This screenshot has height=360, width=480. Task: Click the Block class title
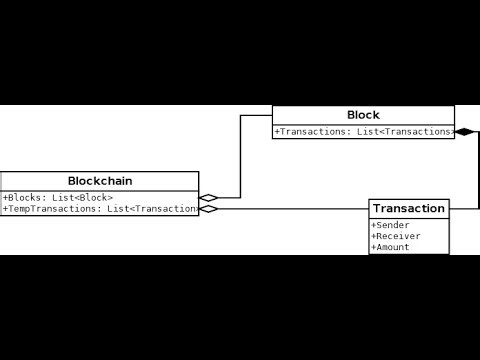click(363, 115)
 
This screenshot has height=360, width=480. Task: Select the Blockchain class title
click(100, 181)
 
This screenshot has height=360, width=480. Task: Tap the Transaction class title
click(409, 208)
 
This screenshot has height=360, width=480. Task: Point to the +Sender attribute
click(391, 225)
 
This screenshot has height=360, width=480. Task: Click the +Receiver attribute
click(396, 236)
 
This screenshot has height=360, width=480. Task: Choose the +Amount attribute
click(391, 247)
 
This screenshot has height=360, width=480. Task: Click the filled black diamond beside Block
click(464, 131)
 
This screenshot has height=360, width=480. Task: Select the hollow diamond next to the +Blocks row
click(208, 198)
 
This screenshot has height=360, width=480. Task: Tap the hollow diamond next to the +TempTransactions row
click(208, 209)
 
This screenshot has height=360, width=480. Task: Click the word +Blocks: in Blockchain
click(24, 198)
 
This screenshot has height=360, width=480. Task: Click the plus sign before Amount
click(374, 247)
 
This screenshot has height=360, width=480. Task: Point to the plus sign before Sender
click(374, 225)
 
